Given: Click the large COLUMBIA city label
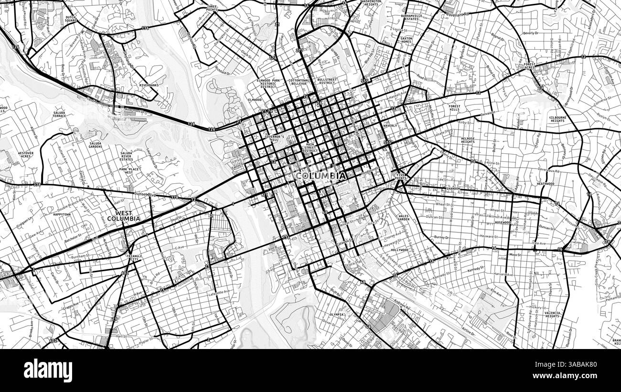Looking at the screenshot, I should click(321, 176).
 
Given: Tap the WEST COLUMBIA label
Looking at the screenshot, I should click(124, 215).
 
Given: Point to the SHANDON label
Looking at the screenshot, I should click(452, 189).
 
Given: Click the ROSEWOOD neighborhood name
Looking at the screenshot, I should click(503, 222).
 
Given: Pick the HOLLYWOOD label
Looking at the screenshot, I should click(400, 250).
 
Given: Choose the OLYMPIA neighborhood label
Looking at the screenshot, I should click(337, 315).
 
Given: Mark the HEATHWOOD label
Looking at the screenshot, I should click(545, 183).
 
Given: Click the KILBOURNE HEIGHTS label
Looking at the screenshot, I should click(557, 119).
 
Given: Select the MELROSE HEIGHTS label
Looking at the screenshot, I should click(468, 140).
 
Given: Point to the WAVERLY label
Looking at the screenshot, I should click(390, 126).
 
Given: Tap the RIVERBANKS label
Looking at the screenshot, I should click(149, 85).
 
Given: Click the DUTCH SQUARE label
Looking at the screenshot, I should click(71, 19).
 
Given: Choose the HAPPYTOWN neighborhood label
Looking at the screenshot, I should click(62, 214).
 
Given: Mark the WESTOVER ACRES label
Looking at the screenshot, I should click(25, 155).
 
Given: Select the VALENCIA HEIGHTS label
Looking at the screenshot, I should click(552, 315).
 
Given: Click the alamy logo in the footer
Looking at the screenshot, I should click(48, 370).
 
